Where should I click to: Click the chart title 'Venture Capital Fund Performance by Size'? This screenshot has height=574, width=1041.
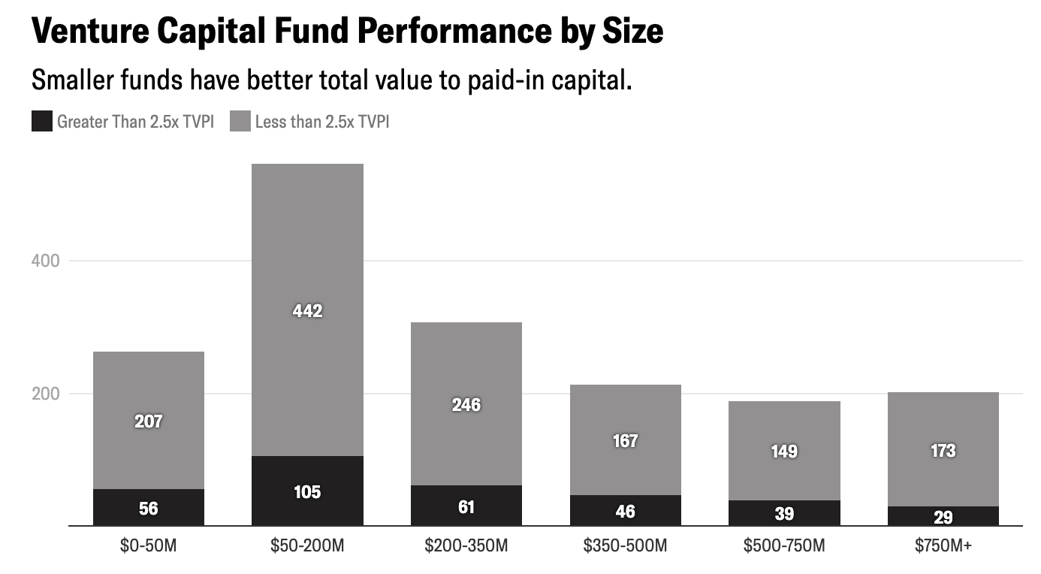[x=347, y=32]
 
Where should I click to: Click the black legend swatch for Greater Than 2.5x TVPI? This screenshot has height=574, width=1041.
[x=41, y=121]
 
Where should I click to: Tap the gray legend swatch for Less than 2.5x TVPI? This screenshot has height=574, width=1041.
[x=240, y=121]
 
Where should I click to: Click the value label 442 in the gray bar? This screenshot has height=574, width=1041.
[x=307, y=311]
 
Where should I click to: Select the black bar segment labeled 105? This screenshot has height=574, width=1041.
[x=307, y=491]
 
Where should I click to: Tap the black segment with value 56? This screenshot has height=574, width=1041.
[x=148, y=509]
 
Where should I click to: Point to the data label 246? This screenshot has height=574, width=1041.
[x=466, y=405]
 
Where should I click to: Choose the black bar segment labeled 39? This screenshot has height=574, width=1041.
[x=784, y=513]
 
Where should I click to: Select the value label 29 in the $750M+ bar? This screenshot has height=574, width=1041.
[x=943, y=517]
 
